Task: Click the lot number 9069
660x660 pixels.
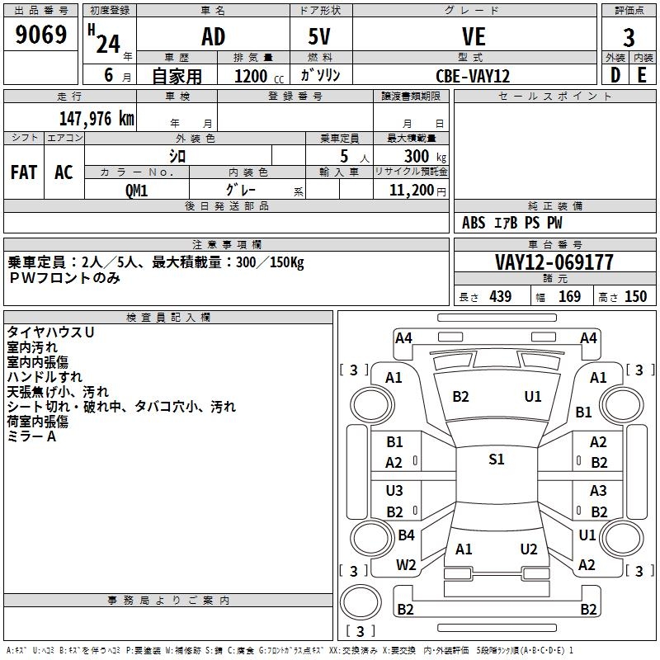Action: tap(40, 35)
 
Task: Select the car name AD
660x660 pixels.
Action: tap(213, 36)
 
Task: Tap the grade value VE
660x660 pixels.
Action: tap(474, 36)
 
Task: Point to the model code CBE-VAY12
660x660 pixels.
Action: tap(473, 76)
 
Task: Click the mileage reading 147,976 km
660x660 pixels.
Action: tap(97, 119)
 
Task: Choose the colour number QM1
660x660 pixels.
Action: tap(136, 191)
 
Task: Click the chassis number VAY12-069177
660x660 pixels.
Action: tap(554, 262)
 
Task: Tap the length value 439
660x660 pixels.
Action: tap(501, 296)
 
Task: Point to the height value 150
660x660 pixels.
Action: tap(635, 296)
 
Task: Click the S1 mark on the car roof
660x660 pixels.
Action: tap(497, 460)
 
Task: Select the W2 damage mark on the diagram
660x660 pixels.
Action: tap(406, 565)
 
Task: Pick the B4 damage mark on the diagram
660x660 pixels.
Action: tap(406, 535)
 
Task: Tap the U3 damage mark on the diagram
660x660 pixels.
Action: tap(394, 491)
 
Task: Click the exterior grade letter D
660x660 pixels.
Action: tap(615, 75)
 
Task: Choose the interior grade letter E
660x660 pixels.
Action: tap(642, 75)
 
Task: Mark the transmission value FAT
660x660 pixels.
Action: tap(24, 172)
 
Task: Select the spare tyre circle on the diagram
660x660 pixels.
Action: tap(361, 602)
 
